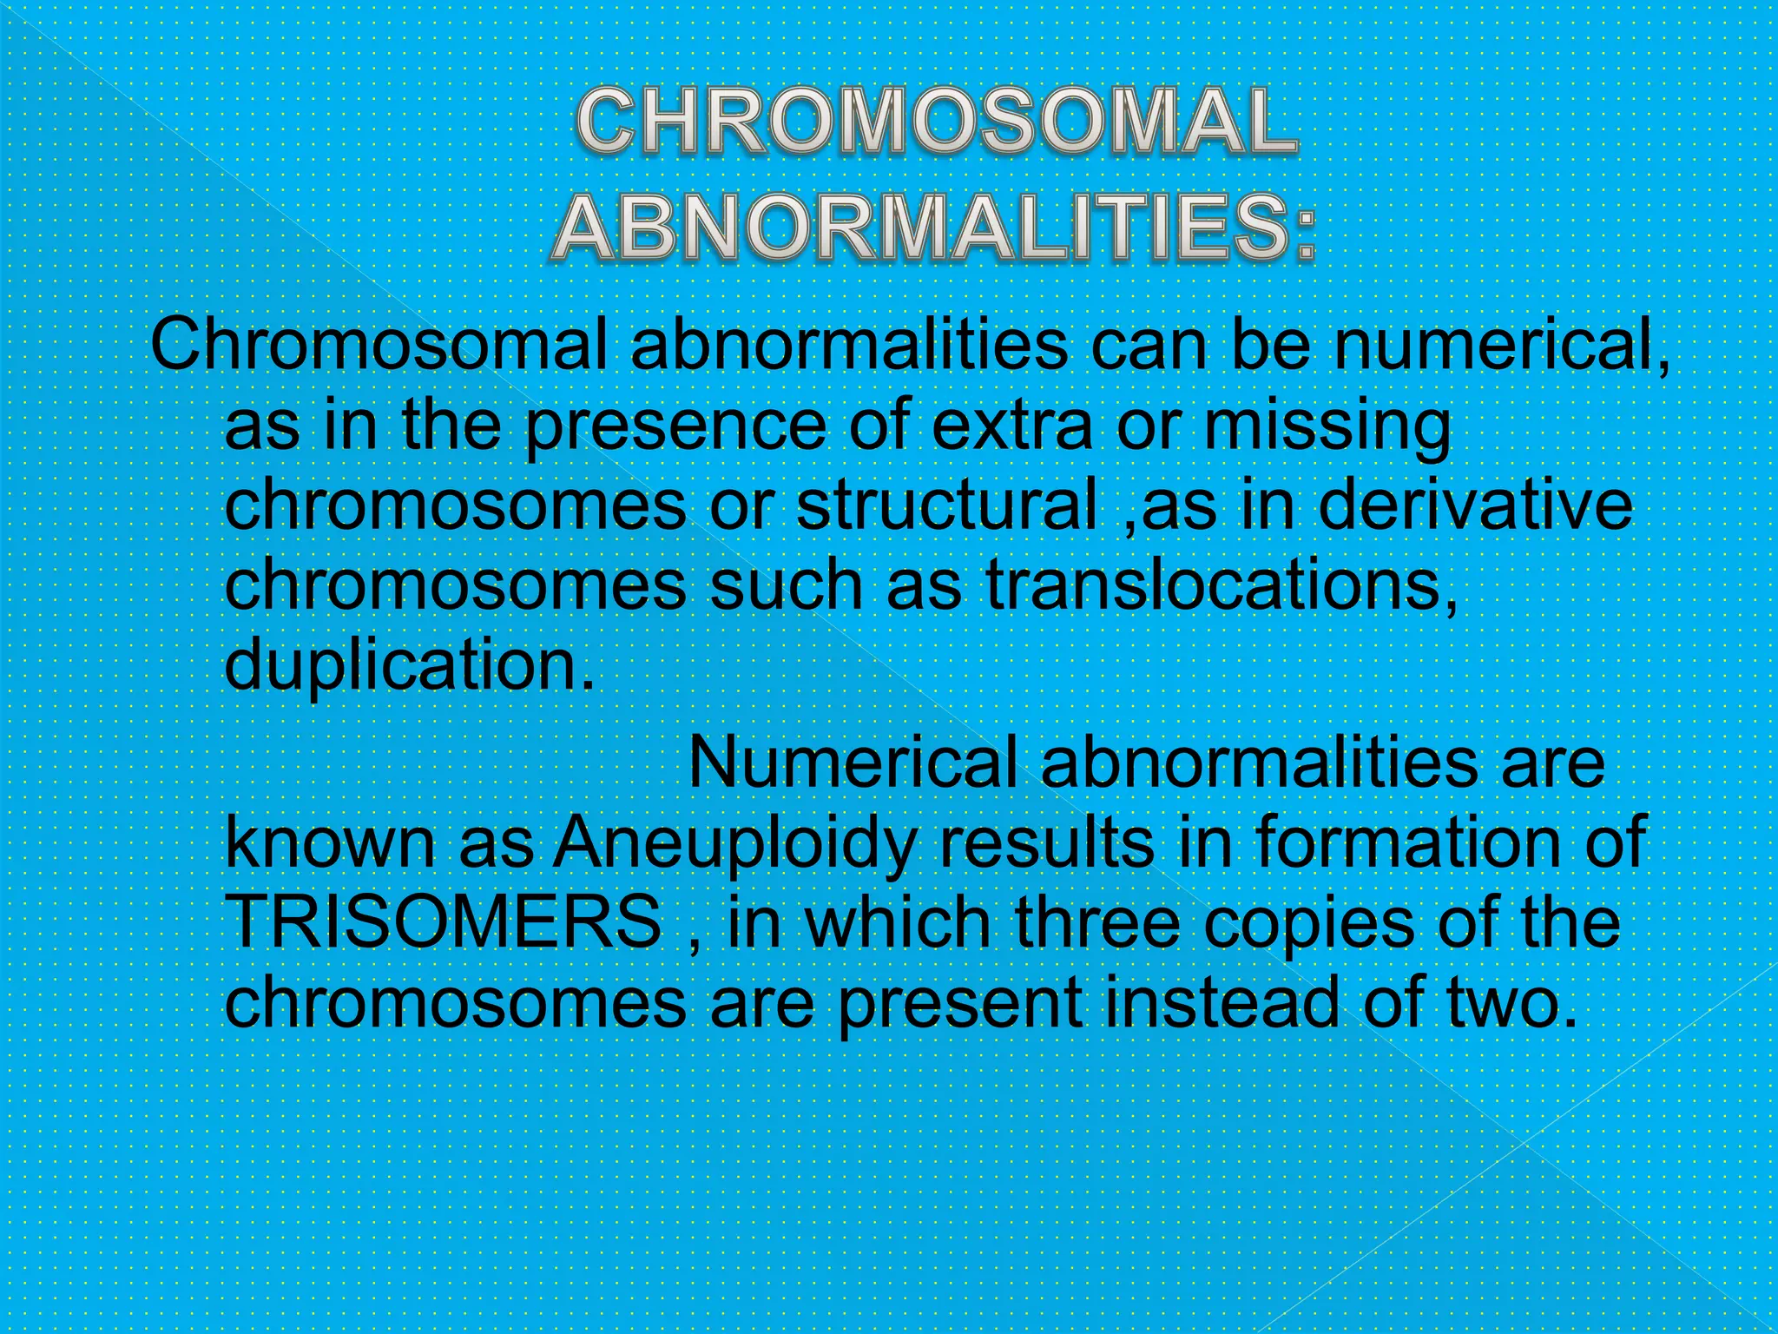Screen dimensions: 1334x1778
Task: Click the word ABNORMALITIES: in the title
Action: point(933,228)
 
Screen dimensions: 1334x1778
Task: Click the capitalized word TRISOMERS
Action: point(444,922)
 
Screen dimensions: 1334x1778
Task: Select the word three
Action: point(1097,922)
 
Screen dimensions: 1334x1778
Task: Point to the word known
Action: point(330,842)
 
